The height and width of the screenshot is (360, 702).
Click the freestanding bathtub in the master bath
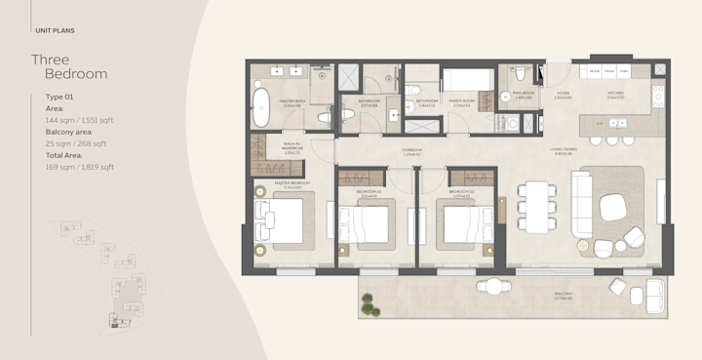point(260,108)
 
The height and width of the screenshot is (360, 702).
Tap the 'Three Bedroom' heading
point(69,66)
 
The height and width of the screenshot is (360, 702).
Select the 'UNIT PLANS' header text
point(55,31)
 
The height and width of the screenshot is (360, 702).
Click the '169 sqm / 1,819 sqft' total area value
point(80,167)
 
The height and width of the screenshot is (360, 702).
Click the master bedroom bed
point(282,220)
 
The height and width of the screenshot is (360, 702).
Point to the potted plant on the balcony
point(368,306)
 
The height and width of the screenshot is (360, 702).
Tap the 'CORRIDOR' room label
point(411,150)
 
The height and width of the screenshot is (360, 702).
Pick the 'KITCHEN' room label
point(614,95)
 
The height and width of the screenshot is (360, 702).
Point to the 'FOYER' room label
point(563,95)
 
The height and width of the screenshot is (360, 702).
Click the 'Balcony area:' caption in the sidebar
point(69,132)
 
